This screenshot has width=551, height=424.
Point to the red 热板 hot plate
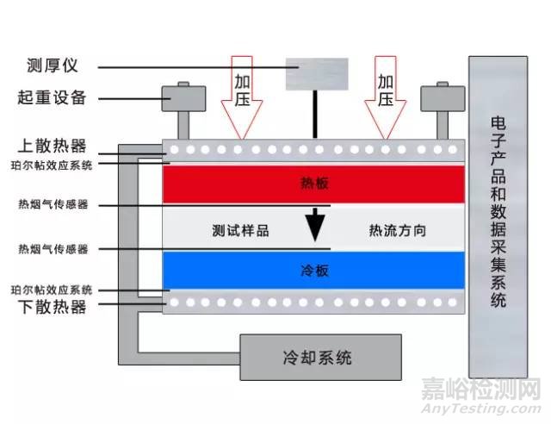(x=314, y=184)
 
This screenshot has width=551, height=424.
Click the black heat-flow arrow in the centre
(x=316, y=226)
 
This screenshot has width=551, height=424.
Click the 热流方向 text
(x=397, y=230)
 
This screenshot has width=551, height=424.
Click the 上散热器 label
(x=51, y=147)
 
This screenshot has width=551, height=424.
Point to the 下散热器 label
(x=51, y=306)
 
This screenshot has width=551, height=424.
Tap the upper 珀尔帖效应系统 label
(x=51, y=164)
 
